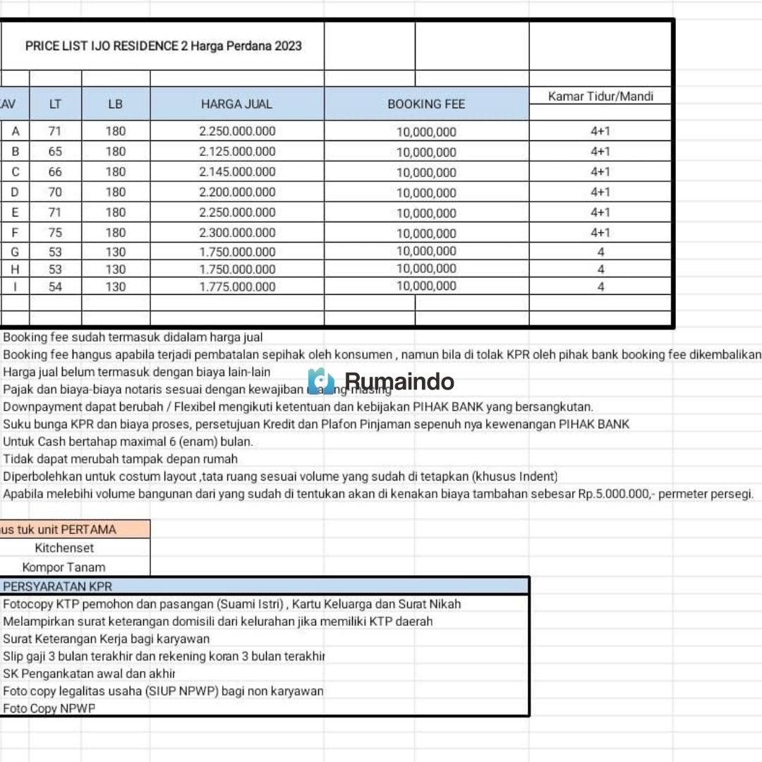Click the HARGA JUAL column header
(236, 104)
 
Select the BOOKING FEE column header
(426, 104)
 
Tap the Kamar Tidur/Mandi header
(600, 97)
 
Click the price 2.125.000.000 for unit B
(237, 152)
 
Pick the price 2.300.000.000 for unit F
(237, 233)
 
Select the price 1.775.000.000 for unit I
(237, 286)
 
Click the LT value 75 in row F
(55, 233)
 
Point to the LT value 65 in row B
(55, 152)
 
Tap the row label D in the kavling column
(15, 192)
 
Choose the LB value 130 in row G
(116, 252)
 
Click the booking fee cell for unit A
(426, 132)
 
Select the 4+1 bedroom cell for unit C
(600, 171)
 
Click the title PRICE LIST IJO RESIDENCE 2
(163, 46)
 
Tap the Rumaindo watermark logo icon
(321, 381)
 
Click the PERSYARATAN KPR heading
(58, 586)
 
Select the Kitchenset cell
(64, 548)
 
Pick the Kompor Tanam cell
(64, 567)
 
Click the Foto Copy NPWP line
(49, 708)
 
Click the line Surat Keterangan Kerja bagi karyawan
(107, 639)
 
